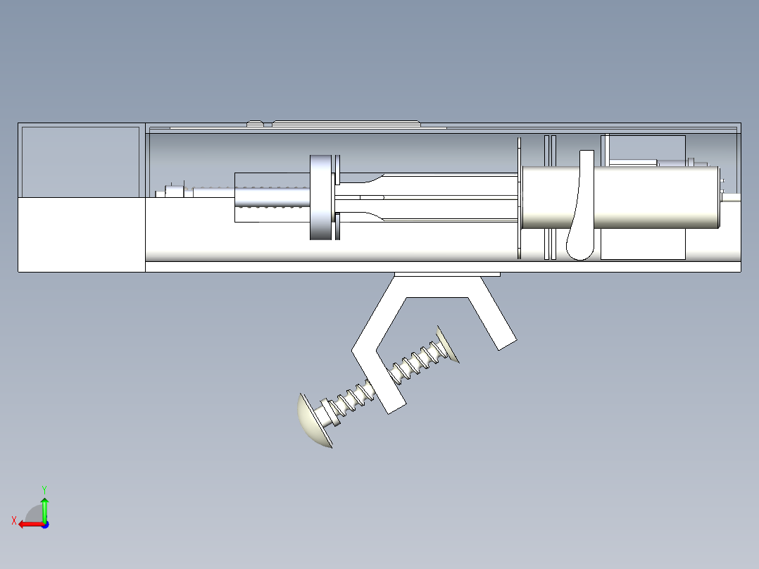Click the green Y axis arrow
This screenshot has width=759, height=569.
tap(44, 508)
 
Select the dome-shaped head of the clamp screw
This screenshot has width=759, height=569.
tap(310, 423)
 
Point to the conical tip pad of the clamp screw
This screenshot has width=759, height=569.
tap(448, 344)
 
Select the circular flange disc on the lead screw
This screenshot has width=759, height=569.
tap(320, 197)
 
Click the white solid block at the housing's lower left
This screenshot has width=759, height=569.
tap(81, 234)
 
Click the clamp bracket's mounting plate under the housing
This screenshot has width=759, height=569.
tap(446, 274)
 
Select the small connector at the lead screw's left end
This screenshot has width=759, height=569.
tap(172, 191)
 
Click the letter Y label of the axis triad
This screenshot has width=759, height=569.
tap(44, 489)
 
